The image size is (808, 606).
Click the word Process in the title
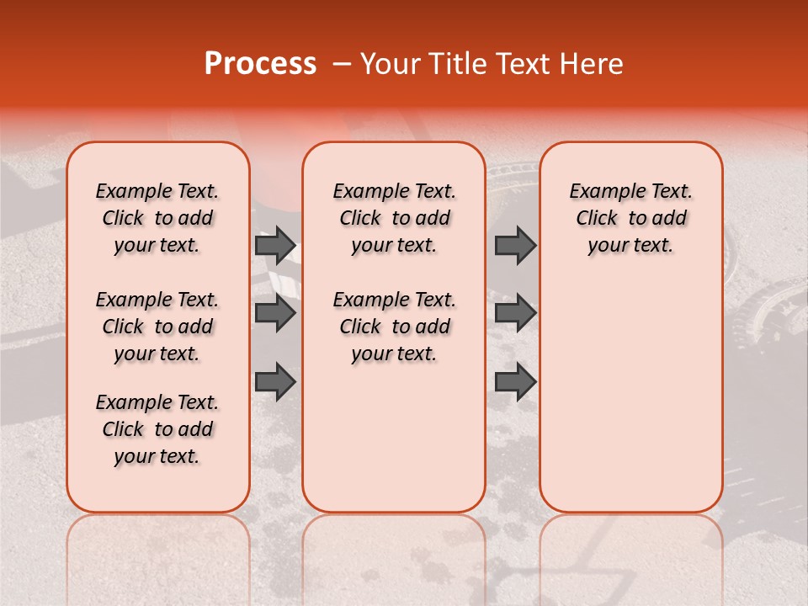pyautogui.click(x=260, y=64)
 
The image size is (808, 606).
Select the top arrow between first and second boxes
pyautogui.click(x=275, y=245)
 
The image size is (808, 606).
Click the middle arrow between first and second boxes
pyautogui.click(x=275, y=313)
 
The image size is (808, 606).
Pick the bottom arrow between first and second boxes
pyautogui.click(x=275, y=381)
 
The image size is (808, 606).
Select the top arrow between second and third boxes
pyautogui.click(x=515, y=245)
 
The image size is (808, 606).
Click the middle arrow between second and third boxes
pyautogui.click(x=515, y=313)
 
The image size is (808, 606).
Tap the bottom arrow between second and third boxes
pyautogui.click(x=515, y=381)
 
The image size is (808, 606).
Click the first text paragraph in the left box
pyautogui.click(x=157, y=218)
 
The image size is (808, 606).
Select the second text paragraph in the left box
pyautogui.click(x=157, y=327)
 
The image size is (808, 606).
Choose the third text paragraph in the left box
pyautogui.click(x=157, y=429)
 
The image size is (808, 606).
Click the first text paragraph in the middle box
pyautogui.click(x=395, y=218)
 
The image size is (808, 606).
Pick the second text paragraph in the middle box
pyautogui.click(x=395, y=327)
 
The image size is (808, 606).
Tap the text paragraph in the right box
pyautogui.click(x=631, y=218)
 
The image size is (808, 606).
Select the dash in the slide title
pyautogui.click(x=342, y=64)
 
